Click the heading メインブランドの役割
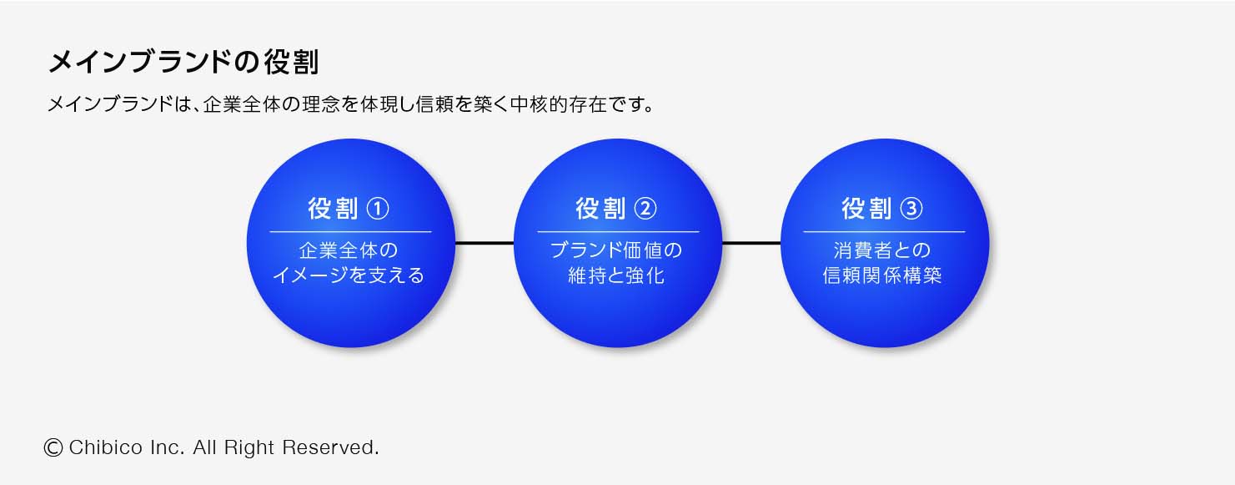[x=183, y=62]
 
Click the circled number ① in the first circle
[x=379, y=209]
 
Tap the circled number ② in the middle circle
[x=645, y=209]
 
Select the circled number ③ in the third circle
[x=911, y=209]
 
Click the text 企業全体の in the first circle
[x=349, y=250]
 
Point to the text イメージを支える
[x=349, y=275]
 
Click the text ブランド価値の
[x=616, y=250]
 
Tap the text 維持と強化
[x=616, y=275]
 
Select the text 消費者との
[x=882, y=250]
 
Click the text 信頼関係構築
[x=882, y=275]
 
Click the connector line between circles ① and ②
[x=484, y=243]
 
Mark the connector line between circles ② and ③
[x=751, y=243]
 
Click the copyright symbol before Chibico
[x=53, y=447]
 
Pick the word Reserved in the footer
[x=330, y=447]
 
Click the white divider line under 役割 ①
[x=350, y=232]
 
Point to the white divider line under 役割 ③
[x=885, y=232]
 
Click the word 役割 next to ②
[x=600, y=209]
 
